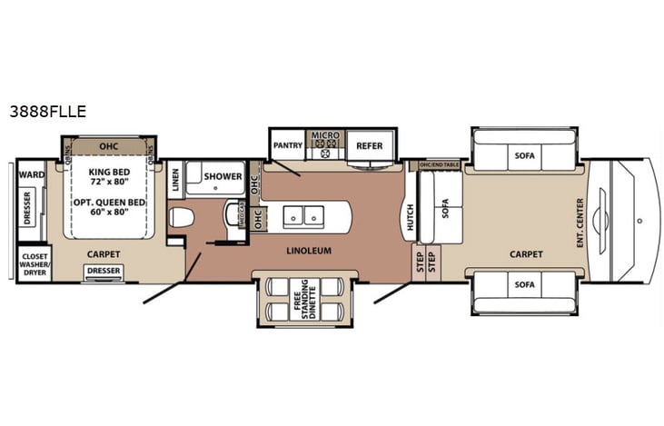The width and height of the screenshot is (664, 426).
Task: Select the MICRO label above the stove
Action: [325, 135]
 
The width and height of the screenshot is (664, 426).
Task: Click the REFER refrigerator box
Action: [369, 144]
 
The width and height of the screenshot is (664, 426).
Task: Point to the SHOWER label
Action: [223, 176]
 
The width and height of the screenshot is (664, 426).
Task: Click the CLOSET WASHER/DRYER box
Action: [35, 263]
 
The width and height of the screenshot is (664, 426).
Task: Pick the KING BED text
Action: [108, 171]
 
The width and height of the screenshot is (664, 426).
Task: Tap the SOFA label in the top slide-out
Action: [524, 155]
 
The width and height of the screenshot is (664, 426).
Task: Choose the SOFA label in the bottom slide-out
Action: [524, 284]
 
